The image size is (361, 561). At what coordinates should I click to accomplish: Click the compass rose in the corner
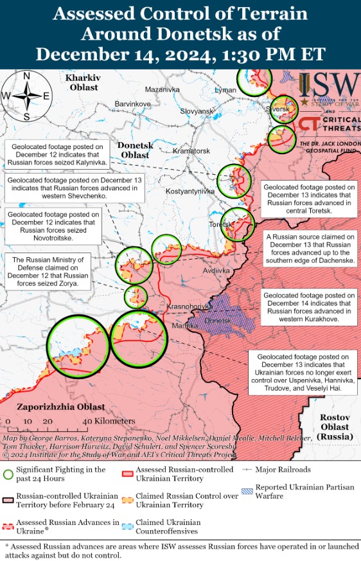pyautogui.click(x=26, y=96)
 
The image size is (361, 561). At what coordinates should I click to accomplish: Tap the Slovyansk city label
pyautogui.click(x=197, y=111)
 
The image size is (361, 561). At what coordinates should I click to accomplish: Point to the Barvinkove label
pyautogui.click(x=132, y=103)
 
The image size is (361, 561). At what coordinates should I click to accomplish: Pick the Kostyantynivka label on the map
pyautogui.click(x=190, y=191)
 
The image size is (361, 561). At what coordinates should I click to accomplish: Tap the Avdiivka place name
pyautogui.click(x=216, y=271)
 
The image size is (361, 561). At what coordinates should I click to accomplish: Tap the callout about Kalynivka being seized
pyautogui.click(x=57, y=154)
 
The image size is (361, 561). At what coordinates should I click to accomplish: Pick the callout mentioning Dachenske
pyautogui.click(x=310, y=249)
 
